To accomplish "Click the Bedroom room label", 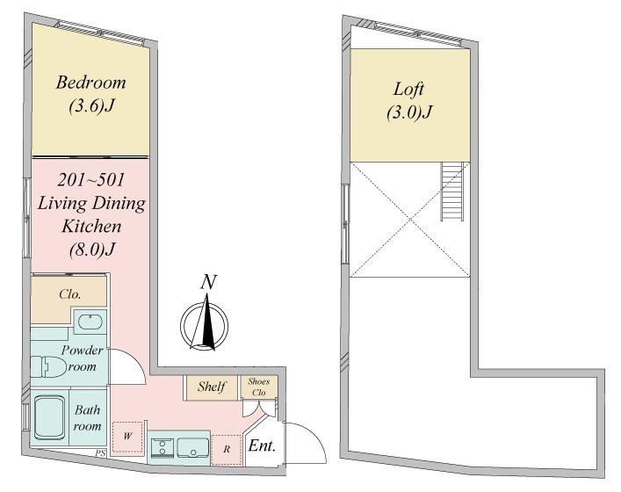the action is click(x=91, y=83).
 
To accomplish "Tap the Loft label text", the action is click(x=408, y=90).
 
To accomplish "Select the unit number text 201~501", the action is click(x=90, y=180).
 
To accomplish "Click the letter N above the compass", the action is click(x=208, y=282).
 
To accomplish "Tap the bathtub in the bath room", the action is click(x=49, y=418).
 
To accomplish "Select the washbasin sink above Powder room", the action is click(x=91, y=322).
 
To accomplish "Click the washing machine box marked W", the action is click(x=127, y=437).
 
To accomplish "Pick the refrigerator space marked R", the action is click(x=226, y=450).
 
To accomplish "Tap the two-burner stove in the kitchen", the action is click(x=162, y=448).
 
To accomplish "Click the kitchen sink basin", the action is click(x=193, y=448).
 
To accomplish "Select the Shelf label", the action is click(x=212, y=387).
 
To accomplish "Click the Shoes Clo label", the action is click(x=259, y=387).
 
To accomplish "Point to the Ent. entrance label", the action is click(x=262, y=446).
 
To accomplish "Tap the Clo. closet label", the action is click(x=69, y=294).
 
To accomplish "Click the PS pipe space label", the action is click(x=101, y=453).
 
